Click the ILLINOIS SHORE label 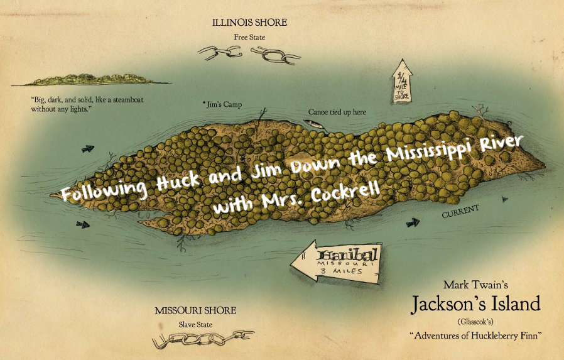click(250, 23)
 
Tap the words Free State click(250, 38)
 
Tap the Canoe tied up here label click(337, 112)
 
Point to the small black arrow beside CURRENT click(413, 222)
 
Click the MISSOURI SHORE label click(195, 310)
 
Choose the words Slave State click(195, 325)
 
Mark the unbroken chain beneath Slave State click(203, 340)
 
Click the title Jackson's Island click(475, 304)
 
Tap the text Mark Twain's click(475, 284)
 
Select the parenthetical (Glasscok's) click(475, 321)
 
